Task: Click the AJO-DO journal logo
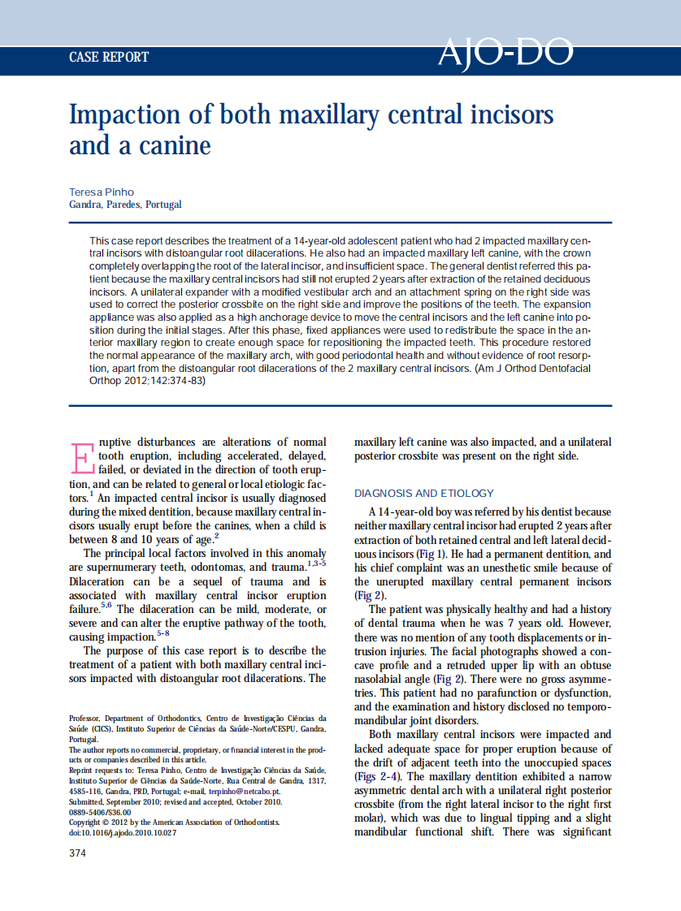coord(505,53)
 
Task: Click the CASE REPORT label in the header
coord(109,57)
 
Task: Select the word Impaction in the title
coord(121,114)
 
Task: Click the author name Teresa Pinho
coord(102,192)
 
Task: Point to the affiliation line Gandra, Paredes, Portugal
coord(125,205)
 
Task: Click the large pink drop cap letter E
coord(82,457)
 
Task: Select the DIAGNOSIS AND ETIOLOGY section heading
coord(423,493)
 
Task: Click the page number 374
coord(77,853)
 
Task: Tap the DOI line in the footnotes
coord(121,832)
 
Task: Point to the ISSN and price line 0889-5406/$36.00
coord(99,812)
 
